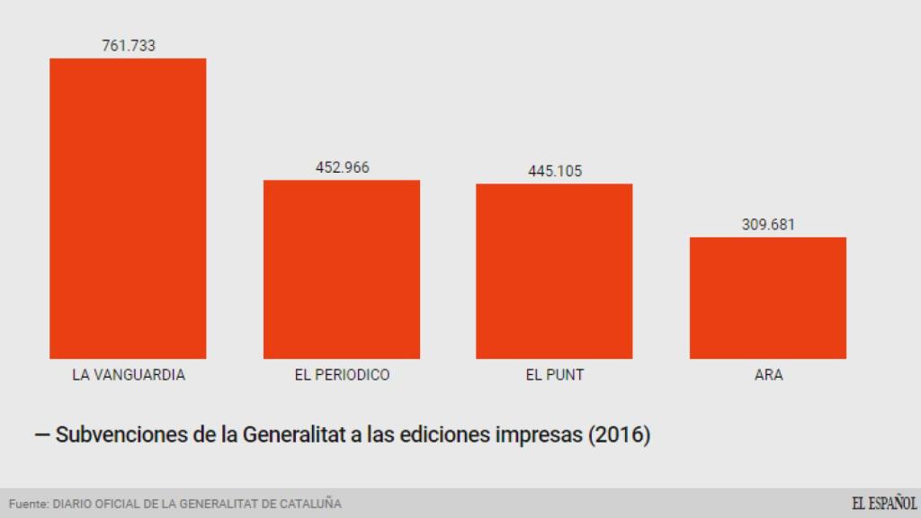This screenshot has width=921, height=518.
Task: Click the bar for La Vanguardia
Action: click(x=128, y=209)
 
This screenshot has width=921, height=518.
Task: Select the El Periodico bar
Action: click(x=342, y=270)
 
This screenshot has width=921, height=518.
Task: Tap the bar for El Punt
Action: click(x=554, y=272)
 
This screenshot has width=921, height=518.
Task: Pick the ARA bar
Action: click(x=768, y=298)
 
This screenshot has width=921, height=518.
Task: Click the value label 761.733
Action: click(x=128, y=46)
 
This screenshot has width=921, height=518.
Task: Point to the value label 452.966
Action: click(x=342, y=167)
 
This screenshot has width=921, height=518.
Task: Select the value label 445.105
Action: click(x=554, y=171)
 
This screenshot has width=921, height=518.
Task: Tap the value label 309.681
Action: click(x=768, y=224)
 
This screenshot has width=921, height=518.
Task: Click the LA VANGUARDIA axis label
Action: click(x=129, y=375)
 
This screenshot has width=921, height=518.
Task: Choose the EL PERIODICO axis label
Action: click(x=342, y=375)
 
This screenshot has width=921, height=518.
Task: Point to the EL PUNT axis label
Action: click(x=554, y=375)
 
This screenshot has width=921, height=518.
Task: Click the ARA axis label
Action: click(x=768, y=375)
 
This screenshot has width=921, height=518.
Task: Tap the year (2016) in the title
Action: click(x=618, y=435)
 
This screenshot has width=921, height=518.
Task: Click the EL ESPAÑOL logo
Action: click(x=884, y=504)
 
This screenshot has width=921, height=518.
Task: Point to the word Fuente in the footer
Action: click(x=28, y=505)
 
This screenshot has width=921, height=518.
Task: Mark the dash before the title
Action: click(x=41, y=435)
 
